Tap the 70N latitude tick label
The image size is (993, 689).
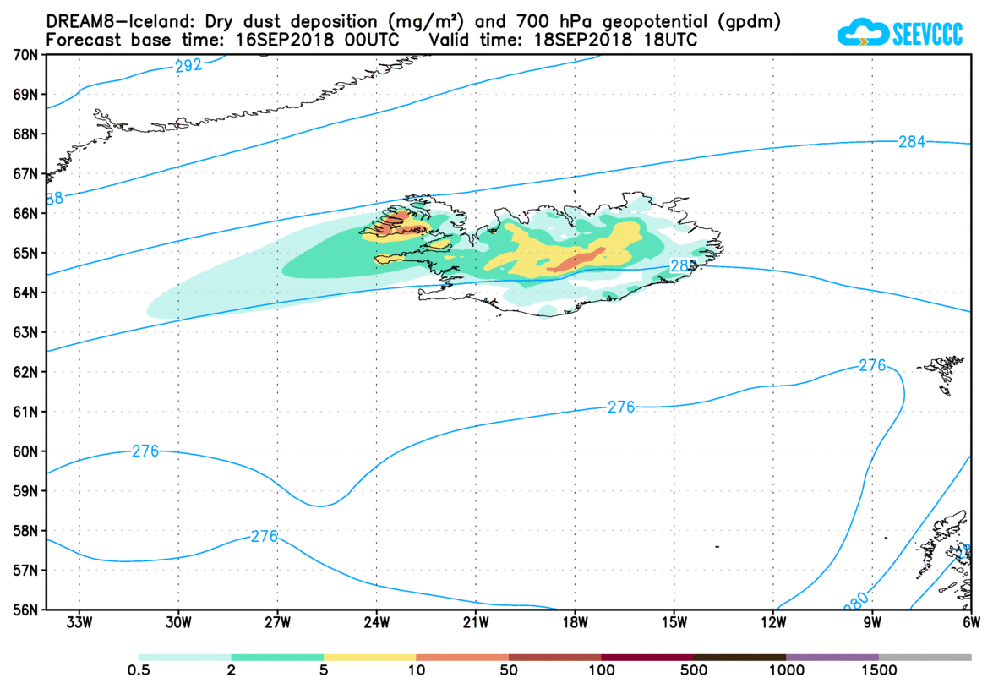point(26,55)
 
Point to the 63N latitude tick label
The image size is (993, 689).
point(26,332)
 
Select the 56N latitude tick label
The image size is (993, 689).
point(26,610)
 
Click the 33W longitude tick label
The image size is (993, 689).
point(79,624)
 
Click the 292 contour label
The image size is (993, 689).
point(188,65)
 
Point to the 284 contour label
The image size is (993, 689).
point(911,141)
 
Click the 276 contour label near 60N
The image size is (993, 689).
point(145,451)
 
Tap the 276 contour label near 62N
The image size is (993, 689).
point(872,365)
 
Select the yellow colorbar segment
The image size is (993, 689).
point(369,657)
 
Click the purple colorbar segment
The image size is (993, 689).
point(832,657)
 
